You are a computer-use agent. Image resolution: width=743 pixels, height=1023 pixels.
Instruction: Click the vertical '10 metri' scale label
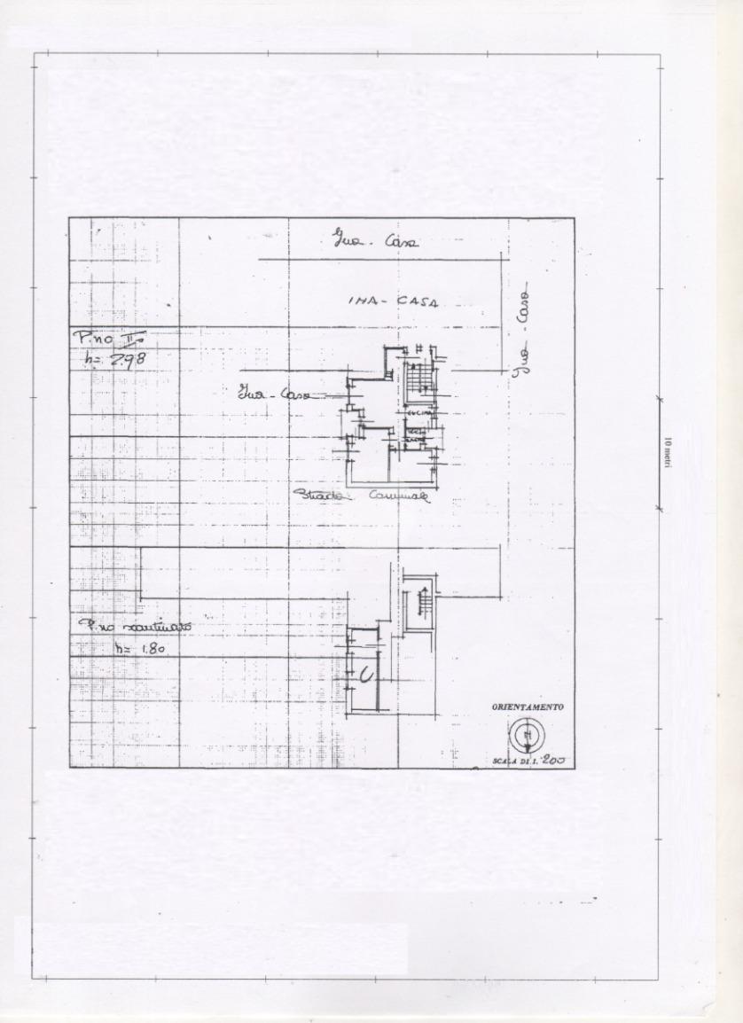[x=668, y=453]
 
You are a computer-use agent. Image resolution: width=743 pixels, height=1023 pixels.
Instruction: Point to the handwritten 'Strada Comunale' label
[x=362, y=496]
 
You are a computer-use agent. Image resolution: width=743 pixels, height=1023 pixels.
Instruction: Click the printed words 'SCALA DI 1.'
[x=512, y=761]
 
